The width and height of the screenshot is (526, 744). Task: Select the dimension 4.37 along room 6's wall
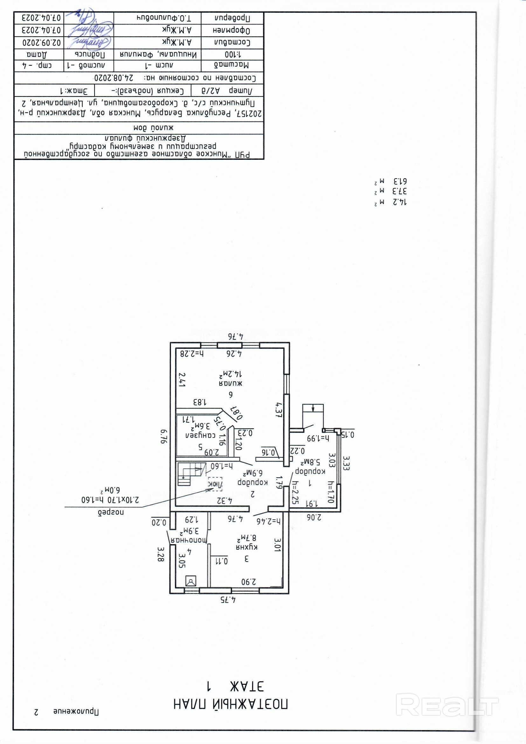278,410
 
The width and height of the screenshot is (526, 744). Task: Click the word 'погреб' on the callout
111,512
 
